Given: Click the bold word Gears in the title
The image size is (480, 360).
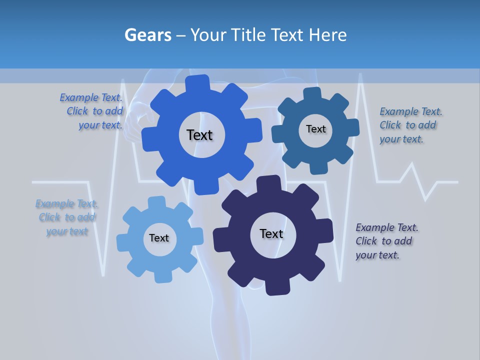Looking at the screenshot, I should (147, 35).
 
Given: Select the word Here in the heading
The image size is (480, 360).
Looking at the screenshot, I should (327, 35).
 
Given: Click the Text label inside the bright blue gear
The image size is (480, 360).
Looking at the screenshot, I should (199, 135).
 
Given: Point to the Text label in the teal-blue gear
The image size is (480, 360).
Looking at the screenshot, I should (315, 129).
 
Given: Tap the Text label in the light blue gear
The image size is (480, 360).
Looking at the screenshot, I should (158, 238).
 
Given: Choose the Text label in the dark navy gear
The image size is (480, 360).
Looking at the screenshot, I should (271, 233).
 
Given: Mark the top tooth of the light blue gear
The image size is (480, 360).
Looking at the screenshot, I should (156, 203).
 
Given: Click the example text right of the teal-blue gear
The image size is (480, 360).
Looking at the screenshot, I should (410, 125).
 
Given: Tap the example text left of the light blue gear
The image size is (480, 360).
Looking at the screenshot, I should (67, 217).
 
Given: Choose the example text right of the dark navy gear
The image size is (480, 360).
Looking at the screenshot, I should (386, 241).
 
